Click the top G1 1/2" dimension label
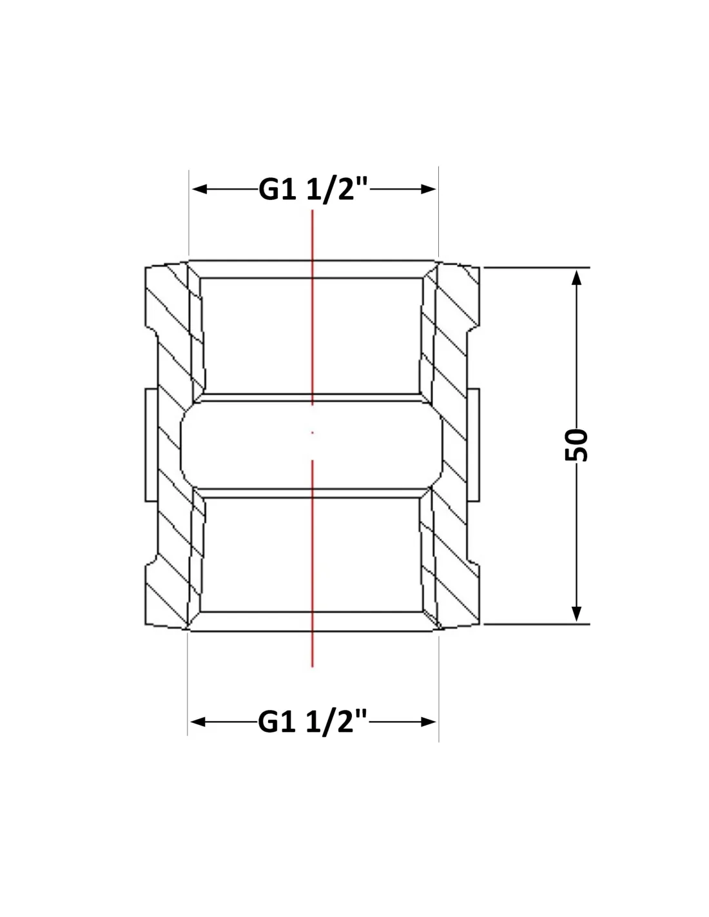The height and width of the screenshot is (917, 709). tap(313, 189)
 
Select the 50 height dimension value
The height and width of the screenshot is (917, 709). tap(576, 445)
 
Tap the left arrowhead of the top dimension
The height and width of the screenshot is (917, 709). tap(199, 189)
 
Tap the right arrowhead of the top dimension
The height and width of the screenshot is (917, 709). tap(428, 189)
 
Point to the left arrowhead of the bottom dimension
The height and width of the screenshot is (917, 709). tap(197, 722)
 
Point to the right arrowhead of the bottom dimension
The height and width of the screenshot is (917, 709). tap(428, 722)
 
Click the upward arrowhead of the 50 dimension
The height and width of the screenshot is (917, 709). tap(576, 277)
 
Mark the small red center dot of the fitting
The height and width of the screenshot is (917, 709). tap(312, 433)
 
